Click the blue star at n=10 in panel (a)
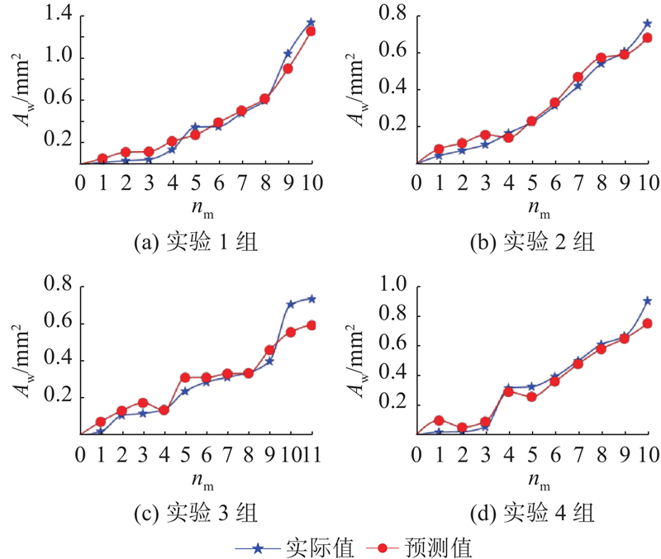(311, 22)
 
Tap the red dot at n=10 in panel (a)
(311, 31)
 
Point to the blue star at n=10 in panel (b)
(648, 23)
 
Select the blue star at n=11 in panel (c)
(311, 298)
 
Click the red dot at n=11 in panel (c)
(311, 325)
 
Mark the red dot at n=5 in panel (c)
(185, 377)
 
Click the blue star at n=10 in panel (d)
(648, 301)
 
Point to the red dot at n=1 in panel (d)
(439, 420)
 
